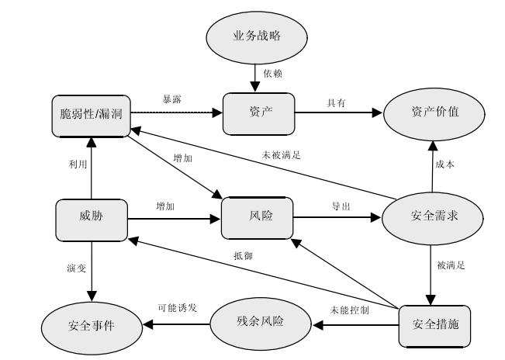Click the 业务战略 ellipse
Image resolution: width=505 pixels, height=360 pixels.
(256, 36)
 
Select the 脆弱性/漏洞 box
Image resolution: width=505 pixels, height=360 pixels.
(90, 114)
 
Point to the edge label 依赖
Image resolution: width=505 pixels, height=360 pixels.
(273, 74)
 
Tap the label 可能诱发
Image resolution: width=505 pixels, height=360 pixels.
(177, 307)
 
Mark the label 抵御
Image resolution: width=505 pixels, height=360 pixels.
(243, 255)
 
